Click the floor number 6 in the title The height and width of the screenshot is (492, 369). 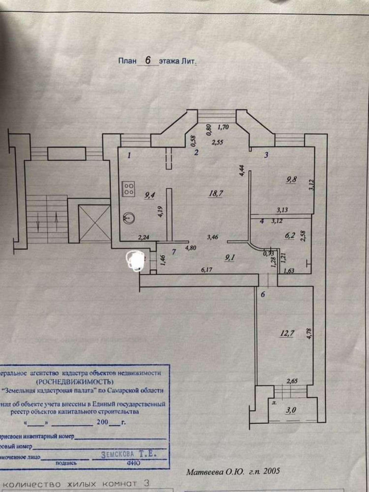click(148, 60)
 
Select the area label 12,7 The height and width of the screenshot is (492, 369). click(288, 334)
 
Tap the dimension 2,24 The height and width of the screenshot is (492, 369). click(145, 236)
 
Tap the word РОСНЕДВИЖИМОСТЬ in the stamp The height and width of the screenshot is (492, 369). click(75, 381)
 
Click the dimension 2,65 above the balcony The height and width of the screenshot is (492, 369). click(292, 380)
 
